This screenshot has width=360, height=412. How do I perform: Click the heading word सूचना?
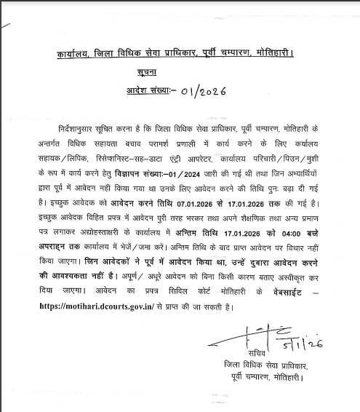151,74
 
